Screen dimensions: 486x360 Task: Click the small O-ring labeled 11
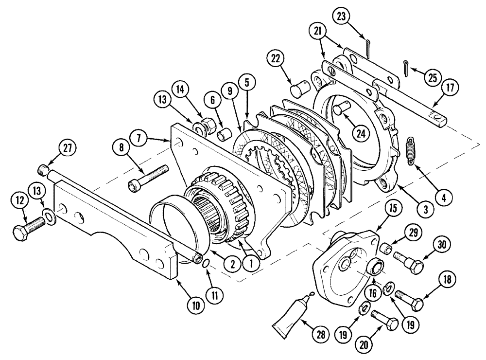(x=206, y=263)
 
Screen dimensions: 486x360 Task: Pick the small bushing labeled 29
(x=386, y=249)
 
